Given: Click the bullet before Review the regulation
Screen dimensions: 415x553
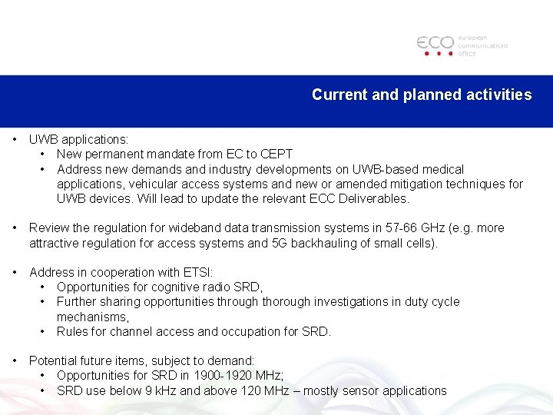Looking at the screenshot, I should click(x=15, y=227).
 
